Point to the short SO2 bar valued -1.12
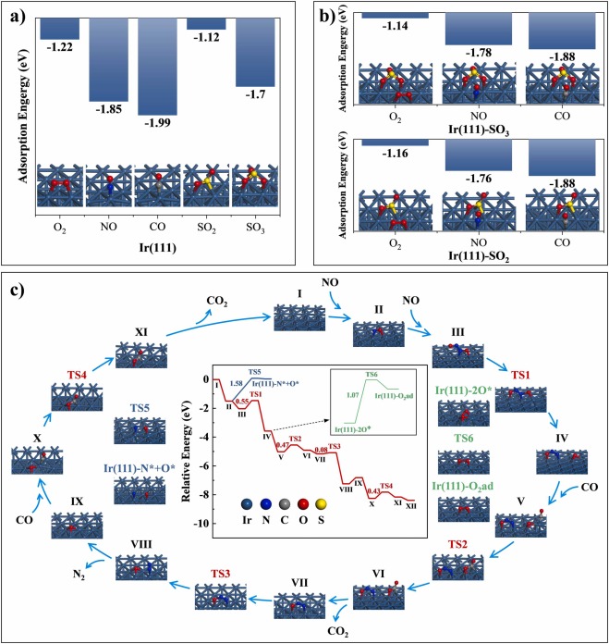coord(206,23)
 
